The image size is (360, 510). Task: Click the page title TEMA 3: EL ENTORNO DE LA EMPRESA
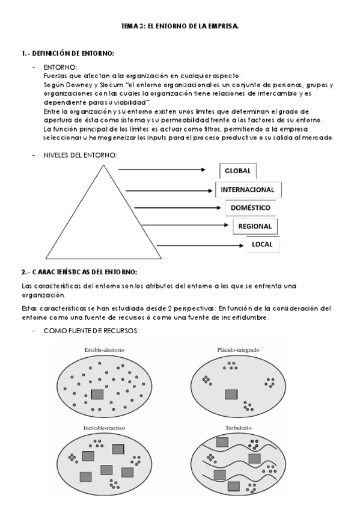[x=180, y=26]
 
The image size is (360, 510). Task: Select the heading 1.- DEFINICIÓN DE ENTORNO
[x=68, y=54]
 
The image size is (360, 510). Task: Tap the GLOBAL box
[x=237, y=171]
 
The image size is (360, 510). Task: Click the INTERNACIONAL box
[x=248, y=189]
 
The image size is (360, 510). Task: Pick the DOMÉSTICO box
[x=251, y=208]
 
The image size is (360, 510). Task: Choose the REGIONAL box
[x=255, y=226]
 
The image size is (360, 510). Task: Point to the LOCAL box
[x=263, y=245]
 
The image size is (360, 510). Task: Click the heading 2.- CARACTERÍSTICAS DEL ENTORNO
[x=79, y=271]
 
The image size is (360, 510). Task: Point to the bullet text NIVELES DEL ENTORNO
[x=81, y=155]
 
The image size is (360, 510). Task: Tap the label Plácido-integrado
[x=232, y=349]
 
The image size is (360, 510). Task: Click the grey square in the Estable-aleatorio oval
[x=97, y=395]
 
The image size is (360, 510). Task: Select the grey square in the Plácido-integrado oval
[x=231, y=395]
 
